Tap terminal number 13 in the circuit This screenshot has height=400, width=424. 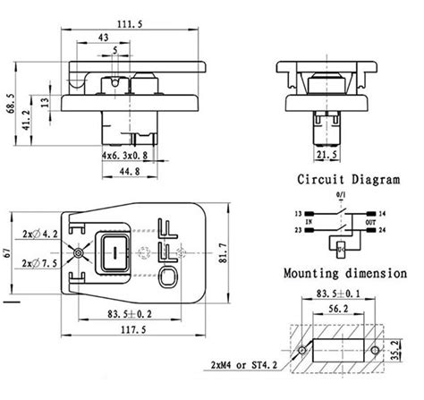297,215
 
